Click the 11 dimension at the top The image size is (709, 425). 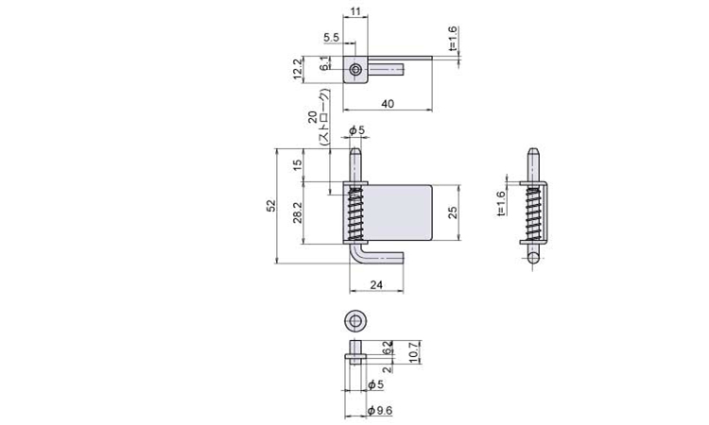coord(355,10)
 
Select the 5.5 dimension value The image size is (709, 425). coord(332,37)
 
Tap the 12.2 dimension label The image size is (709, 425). coord(297,69)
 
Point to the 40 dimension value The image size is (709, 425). coord(388,104)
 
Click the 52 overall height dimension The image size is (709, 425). coord(271,206)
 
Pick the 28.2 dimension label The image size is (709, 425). coord(297,212)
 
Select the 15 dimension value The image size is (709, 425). coord(297,165)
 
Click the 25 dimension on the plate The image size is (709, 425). coord(453,212)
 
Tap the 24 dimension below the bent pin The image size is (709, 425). coord(376,285)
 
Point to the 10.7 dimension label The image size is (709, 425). coord(413,351)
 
